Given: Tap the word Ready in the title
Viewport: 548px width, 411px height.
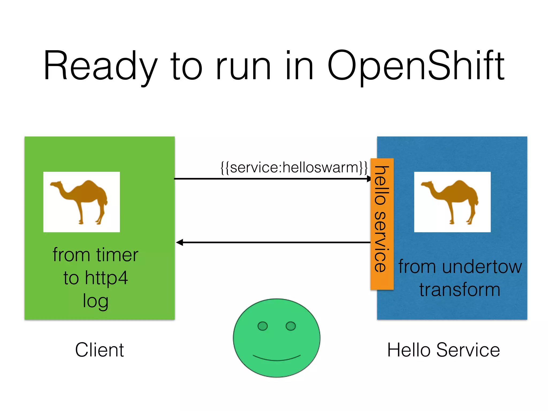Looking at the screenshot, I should tap(100, 66).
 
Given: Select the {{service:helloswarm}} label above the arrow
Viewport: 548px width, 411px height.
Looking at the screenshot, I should tap(294, 168).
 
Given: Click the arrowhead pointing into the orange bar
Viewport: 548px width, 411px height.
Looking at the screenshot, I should tap(369, 178).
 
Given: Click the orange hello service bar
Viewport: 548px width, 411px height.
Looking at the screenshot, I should tap(382, 224).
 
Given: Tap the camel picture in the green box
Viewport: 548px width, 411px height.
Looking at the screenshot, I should tap(81, 202).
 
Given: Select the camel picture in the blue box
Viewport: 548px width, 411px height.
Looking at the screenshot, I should tap(452, 202).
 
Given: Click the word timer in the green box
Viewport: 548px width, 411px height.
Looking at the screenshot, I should tap(117, 255).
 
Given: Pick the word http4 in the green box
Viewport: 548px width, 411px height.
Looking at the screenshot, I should tap(106, 278).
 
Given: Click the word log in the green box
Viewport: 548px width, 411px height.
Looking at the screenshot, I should tap(95, 301).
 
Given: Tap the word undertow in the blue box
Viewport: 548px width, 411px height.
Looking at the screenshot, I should tap(482, 267).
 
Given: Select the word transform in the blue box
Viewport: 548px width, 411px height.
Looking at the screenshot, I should tap(459, 290).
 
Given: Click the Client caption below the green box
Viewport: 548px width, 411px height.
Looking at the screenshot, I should tap(99, 350).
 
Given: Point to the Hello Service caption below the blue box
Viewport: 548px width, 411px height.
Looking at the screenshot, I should tap(443, 350).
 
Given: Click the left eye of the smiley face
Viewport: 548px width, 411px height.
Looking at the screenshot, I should tap(262, 326).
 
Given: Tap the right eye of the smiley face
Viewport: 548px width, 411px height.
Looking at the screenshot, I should tap(291, 326).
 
